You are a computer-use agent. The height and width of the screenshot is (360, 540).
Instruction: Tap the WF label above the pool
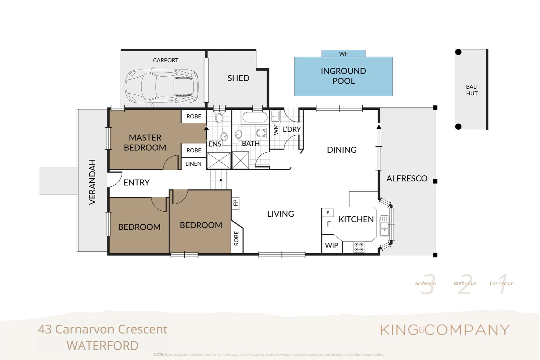pyautogui.click(x=343, y=54)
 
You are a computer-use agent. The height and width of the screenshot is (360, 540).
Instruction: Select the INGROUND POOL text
pyautogui.click(x=343, y=76)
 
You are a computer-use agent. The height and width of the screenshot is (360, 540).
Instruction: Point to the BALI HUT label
pyautogui.click(x=472, y=90)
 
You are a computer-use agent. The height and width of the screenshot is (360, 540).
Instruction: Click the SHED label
pyautogui.click(x=238, y=78)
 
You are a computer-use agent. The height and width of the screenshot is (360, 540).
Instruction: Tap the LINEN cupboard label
pyautogui.click(x=193, y=164)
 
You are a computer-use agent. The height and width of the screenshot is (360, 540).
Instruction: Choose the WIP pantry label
pyautogui.click(x=331, y=245)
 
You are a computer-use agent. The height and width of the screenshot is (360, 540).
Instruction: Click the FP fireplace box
pyautogui.click(x=236, y=203)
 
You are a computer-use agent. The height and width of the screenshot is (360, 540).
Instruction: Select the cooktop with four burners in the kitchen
pyautogui.click(x=359, y=247)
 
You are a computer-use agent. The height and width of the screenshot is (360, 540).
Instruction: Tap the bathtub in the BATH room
pyautogui.click(x=255, y=117)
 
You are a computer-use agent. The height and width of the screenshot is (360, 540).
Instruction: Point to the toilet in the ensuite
pyautogui.click(x=219, y=117)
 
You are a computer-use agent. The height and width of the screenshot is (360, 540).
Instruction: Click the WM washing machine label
pyautogui.click(x=276, y=129)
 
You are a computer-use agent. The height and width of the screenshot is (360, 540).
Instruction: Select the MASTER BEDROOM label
pyautogui.click(x=145, y=142)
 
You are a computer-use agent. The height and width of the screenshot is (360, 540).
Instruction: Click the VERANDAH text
pyautogui.click(x=92, y=182)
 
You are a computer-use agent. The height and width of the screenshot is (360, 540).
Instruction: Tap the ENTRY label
pyautogui.click(x=137, y=183)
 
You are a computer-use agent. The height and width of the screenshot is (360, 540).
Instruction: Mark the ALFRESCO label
pyautogui.click(x=407, y=178)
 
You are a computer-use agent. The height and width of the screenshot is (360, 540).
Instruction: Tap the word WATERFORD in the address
pyautogui.click(x=103, y=346)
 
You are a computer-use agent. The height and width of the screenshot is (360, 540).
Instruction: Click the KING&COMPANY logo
pyautogui.click(x=445, y=330)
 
